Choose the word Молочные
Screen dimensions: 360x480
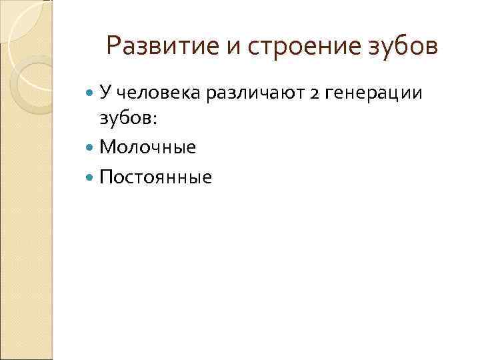(148, 147)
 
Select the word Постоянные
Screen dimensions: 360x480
(155, 177)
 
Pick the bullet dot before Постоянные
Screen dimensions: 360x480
(91, 177)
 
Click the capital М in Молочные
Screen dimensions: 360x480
(107, 147)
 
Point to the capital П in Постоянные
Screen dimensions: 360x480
(105, 177)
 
